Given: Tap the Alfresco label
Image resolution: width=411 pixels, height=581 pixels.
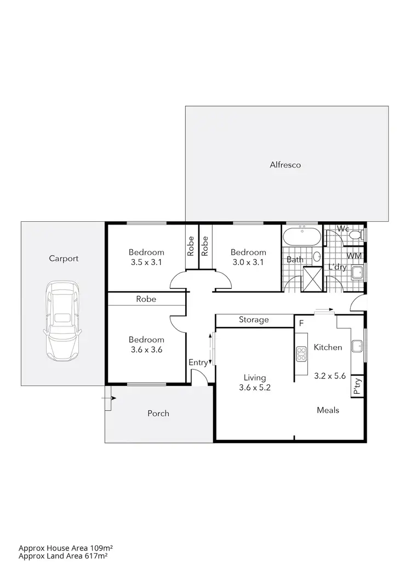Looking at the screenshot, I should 285,164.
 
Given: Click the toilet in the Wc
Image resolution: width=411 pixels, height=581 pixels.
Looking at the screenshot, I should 355,235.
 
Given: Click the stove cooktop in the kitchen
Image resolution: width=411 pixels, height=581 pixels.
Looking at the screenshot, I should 300,354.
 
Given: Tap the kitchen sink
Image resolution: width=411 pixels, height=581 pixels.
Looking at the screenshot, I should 357,346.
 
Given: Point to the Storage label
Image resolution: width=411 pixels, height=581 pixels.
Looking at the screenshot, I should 254,320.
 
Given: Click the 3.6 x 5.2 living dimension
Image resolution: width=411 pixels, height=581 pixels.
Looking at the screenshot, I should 255,388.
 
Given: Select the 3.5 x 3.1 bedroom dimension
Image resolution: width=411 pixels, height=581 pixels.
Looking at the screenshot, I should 146,262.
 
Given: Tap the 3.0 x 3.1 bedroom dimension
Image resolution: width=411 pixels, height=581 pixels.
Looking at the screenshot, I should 248,262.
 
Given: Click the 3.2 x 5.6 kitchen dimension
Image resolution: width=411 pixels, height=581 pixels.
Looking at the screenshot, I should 329,376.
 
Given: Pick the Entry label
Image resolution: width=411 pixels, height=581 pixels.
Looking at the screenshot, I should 198,363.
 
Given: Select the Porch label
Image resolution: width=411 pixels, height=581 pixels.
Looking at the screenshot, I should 158,413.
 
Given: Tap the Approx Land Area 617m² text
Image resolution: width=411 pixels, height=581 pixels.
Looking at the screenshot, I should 62,556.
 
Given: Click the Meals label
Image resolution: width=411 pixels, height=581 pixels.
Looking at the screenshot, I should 328,410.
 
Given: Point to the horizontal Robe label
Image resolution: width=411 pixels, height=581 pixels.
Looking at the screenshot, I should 146,299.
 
